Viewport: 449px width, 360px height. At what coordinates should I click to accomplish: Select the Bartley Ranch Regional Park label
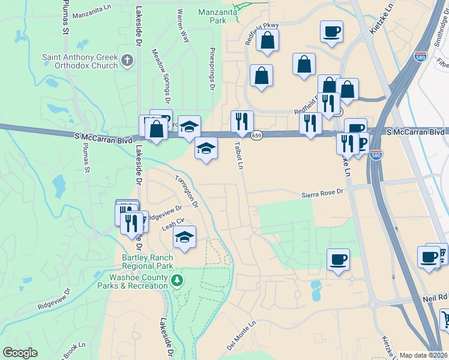coord(147,262)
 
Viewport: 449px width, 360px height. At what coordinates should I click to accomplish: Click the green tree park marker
coord(176,280)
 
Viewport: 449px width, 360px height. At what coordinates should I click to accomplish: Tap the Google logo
coord(20,353)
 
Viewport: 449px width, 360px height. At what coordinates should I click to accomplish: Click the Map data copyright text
coord(423,355)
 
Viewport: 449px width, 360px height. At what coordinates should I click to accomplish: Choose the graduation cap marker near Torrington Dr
coord(185,237)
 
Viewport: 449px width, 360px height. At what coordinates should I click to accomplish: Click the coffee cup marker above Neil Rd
coord(338,259)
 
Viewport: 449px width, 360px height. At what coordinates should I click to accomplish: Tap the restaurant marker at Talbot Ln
coord(242,121)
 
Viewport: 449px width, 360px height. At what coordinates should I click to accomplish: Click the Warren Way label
coord(183,25)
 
